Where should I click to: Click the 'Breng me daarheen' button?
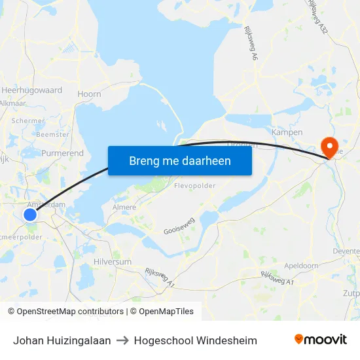pyautogui.click(x=180, y=160)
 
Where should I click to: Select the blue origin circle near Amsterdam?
pyautogui.click(x=30, y=215)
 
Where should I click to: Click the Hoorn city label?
pyautogui.click(x=89, y=94)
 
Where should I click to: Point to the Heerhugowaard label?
pyautogui.click(x=31, y=90)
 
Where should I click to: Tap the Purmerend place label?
pyautogui.click(x=63, y=153)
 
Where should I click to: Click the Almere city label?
pyautogui.click(x=124, y=207)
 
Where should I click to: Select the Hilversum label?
pyautogui.click(x=113, y=261)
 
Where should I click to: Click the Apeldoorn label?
pyautogui.click(x=301, y=266)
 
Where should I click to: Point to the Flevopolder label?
pyautogui.click(x=194, y=186)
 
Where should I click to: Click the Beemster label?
pyautogui.click(x=52, y=134)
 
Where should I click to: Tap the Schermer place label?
pyautogui.click(x=28, y=121)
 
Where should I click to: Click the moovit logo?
pyautogui.click(x=320, y=340)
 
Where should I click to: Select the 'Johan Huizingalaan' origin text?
pyautogui.click(x=62, y=340)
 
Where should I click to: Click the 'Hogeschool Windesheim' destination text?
pyautogui.click(x=195, y=340)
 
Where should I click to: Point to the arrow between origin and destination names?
pyautogui.click(x=122, y=340)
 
